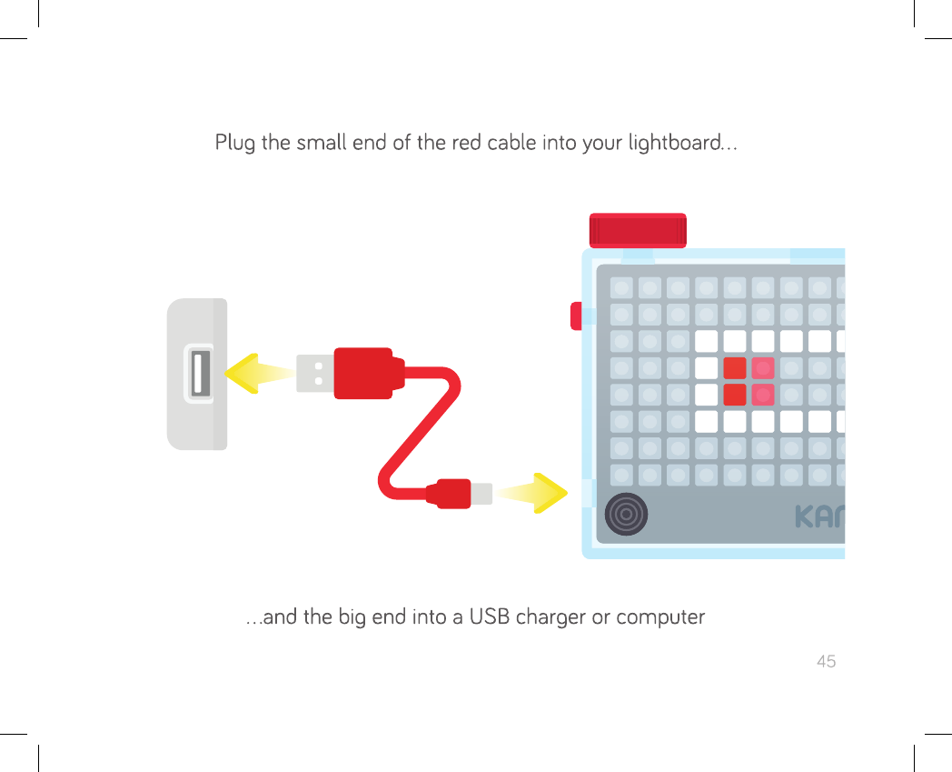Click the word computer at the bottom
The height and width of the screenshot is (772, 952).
tap(660, 617)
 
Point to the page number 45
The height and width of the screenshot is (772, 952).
tap(826, 661)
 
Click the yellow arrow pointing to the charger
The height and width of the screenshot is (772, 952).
tap(258, 374)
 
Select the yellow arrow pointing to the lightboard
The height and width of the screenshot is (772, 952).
tap(534, 493)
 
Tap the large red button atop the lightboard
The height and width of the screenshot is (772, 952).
tap(638, 231)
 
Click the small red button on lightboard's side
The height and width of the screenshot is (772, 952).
tap(576, 316)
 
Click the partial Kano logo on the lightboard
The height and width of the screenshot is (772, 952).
tap(819, 516)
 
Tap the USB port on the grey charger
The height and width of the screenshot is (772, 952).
tap(200, 374)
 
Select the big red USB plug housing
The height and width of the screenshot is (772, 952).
tap(363, 373)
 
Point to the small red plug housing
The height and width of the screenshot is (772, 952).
tap(449, 494)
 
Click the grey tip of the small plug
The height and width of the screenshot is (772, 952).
tap(481, 494)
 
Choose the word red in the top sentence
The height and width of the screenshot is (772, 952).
tap(471, 144)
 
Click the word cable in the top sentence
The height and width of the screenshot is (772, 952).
tap(511, 144)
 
